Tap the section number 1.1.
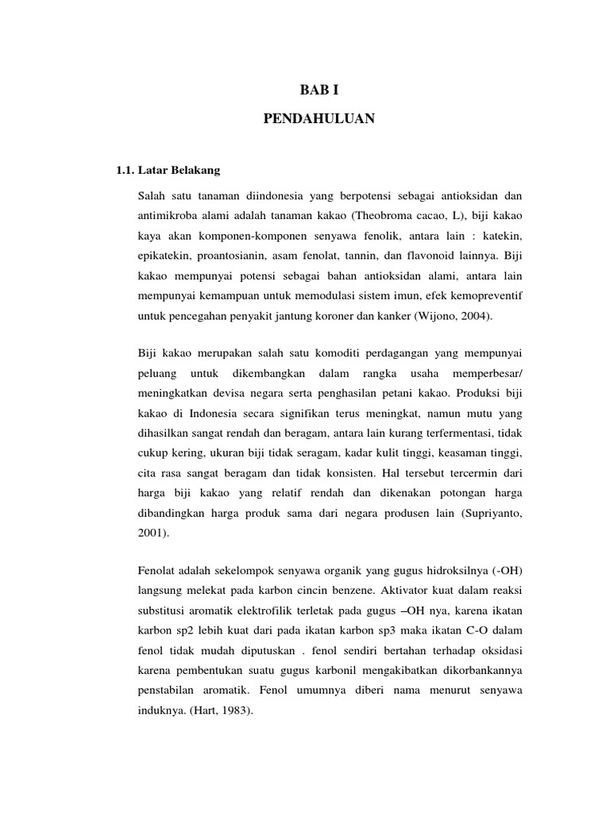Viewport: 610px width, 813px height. pos(125,170)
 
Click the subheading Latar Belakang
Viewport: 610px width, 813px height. pos(180,170)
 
